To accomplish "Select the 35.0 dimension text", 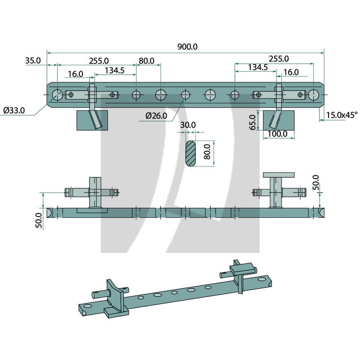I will point(33,60).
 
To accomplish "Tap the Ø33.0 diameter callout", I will point(13,110).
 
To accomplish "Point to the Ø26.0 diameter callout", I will point(156,116).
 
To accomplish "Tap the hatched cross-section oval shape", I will point(191,153).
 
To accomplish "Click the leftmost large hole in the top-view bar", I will point(57,95).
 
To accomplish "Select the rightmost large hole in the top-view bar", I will point(314,94).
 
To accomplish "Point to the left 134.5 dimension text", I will point(115,70).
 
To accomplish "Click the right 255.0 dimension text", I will point(278,58).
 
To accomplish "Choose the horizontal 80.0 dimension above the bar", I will point(147,60).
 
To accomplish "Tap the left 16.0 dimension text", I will point(76,74).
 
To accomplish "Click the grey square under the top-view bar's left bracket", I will point(93,120).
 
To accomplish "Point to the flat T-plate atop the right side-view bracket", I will point(279,174).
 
